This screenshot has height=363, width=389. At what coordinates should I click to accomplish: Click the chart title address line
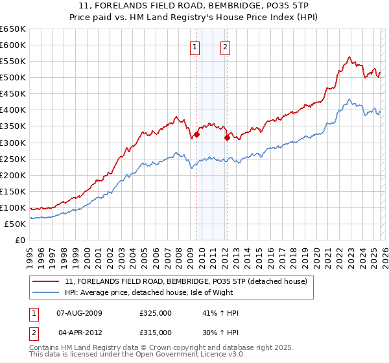194,5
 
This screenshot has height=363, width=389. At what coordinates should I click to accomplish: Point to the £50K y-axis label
14,224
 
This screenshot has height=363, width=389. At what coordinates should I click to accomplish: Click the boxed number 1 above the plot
195,46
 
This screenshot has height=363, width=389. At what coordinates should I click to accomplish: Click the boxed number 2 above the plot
225,46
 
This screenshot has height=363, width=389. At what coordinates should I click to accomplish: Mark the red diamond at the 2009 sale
196,134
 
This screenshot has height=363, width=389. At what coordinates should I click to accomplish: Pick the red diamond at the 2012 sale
227,137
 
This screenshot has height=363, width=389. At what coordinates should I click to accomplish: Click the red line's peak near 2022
349,57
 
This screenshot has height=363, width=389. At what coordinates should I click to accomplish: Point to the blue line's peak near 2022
349,99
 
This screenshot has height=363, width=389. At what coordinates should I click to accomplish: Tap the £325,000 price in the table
156,313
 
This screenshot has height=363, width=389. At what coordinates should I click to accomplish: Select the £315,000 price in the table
156,332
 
